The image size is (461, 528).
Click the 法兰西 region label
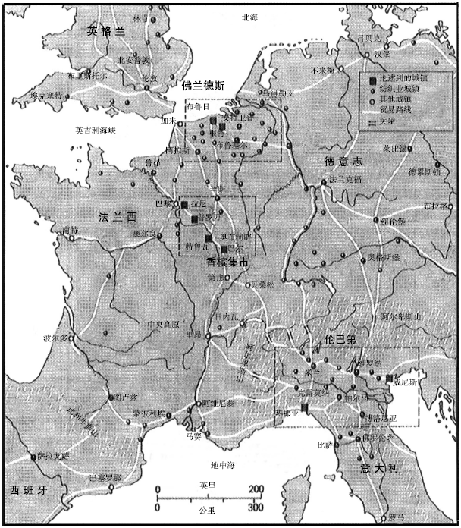115,217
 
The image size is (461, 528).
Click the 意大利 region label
380,470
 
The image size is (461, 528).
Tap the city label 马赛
193,436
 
